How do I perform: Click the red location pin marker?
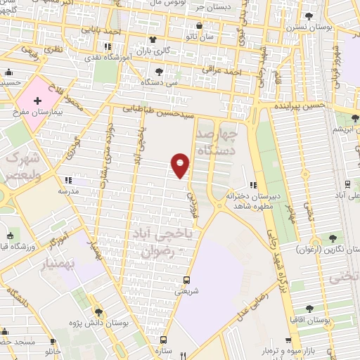pos(181,165)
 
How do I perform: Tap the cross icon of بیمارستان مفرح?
pos(38,101)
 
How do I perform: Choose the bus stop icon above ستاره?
pos(163,338)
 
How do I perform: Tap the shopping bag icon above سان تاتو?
pos(200,27)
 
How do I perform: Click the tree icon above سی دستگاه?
pos(160,72)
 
